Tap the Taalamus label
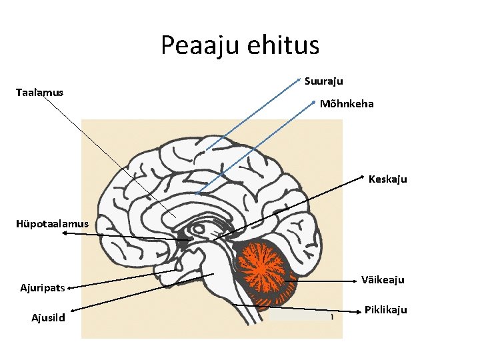pyautogui.click(x=39, y=92)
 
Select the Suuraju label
pyautogui.click(x=323, y=81)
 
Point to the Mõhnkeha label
pyautogui.click(x=347, y=104)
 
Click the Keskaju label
pyautogui.click(x=387, y=179)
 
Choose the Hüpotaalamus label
pyautogui.click(x=52, y=224)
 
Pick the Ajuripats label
pyautogui.click(x=43, y=288)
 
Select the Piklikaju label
pyautogui.click(x=385, y=310)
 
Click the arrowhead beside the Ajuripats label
pyautogui.click(x=69, y=288)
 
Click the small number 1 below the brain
pyautogui.click(x=332, y=317)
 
